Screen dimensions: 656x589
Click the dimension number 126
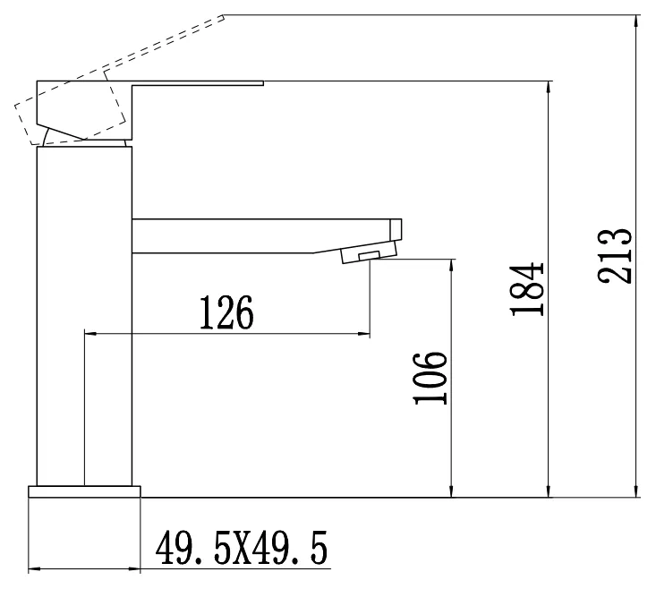pos(226,312)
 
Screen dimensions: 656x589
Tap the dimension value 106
pos(430,379)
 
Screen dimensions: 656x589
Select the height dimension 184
pos(527,288)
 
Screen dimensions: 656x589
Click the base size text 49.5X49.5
pos(242,548)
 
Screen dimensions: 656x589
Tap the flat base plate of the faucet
pos(84,491)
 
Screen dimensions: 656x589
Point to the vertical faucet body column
pos(84,316)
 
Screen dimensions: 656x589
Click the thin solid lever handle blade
pos(198,83)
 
